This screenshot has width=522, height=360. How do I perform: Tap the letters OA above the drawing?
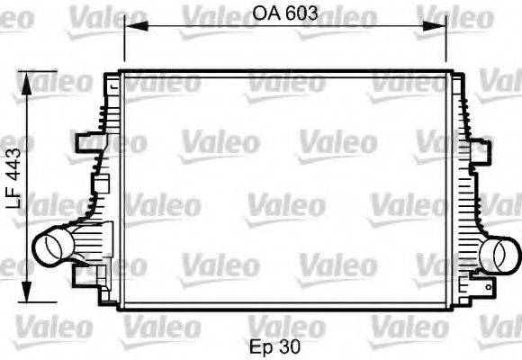pos(265,13)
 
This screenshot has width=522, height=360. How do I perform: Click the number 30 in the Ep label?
pos(290,345)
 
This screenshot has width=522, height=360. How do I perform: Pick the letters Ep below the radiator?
pos(262,345)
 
